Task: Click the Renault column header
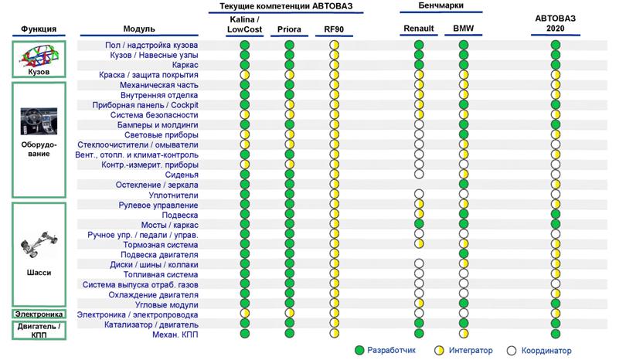[x=418, y=29]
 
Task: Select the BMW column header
[x=463, y=29]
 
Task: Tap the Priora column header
[x=289, y=29]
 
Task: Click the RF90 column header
[x=334, y=29]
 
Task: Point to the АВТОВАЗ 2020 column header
[x=555, y=23]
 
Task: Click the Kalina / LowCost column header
[x=244, y=25]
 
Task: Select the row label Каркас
[x=185, y=65]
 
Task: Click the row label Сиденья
[x=182, y=175]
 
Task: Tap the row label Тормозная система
[x=161, y=245]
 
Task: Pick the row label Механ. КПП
[x=175, y=335]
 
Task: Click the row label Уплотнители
[x=173, y=195]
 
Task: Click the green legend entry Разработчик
[x=385, y=351]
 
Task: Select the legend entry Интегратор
[x=464, y=351]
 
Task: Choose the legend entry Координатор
[x=539, y=351]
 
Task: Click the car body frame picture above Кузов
[x=39, y=56]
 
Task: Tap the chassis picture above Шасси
[x=39, y=244]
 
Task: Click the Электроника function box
[x=39, y=314]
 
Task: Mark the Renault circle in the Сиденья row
[x=419, y=174]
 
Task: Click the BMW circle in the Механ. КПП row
[x=464, y=334]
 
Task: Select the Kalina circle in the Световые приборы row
[x=245, y=134]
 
